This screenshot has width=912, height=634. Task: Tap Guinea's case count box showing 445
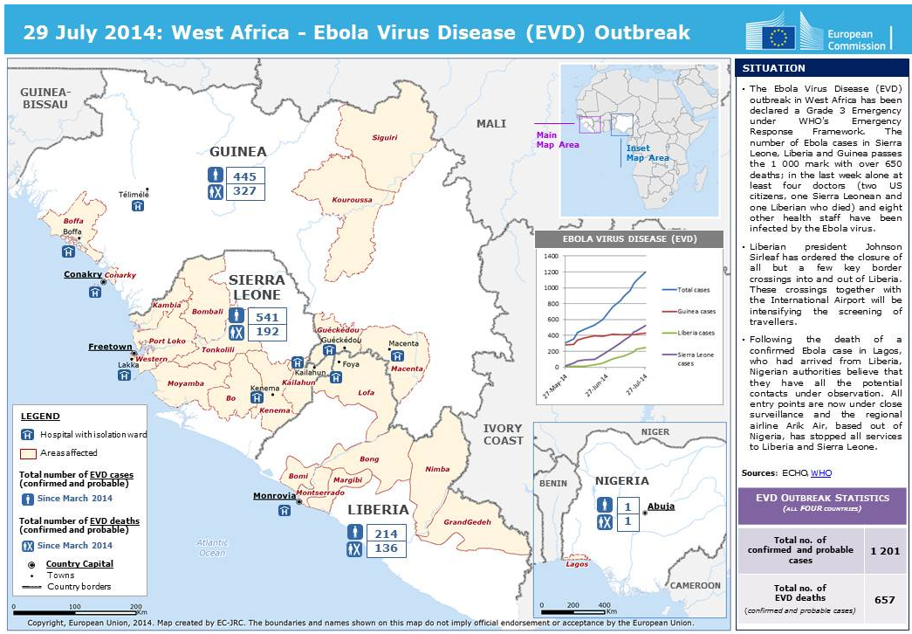[244, 176]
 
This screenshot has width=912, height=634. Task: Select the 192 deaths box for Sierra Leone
[268, 333]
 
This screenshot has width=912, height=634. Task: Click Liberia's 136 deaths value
[386, 548]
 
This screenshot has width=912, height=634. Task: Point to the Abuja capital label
[661, 506]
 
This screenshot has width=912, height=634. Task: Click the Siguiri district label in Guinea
[384, 137]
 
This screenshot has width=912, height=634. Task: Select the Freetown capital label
[110, 347]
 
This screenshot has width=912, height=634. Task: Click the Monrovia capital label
[274, 496]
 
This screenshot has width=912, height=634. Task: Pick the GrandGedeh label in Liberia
[467, 522]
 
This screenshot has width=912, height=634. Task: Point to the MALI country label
[490, 124]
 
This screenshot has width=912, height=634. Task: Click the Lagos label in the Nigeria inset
[577, 563]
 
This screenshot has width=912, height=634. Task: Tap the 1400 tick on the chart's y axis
[550, 257]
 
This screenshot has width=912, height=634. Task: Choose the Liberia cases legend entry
[696, 333]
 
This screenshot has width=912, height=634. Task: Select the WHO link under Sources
[821, 472]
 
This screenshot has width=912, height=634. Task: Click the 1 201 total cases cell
[882, 551]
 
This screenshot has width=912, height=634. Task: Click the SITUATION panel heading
[763, 68]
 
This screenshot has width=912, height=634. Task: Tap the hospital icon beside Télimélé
[138, 206]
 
